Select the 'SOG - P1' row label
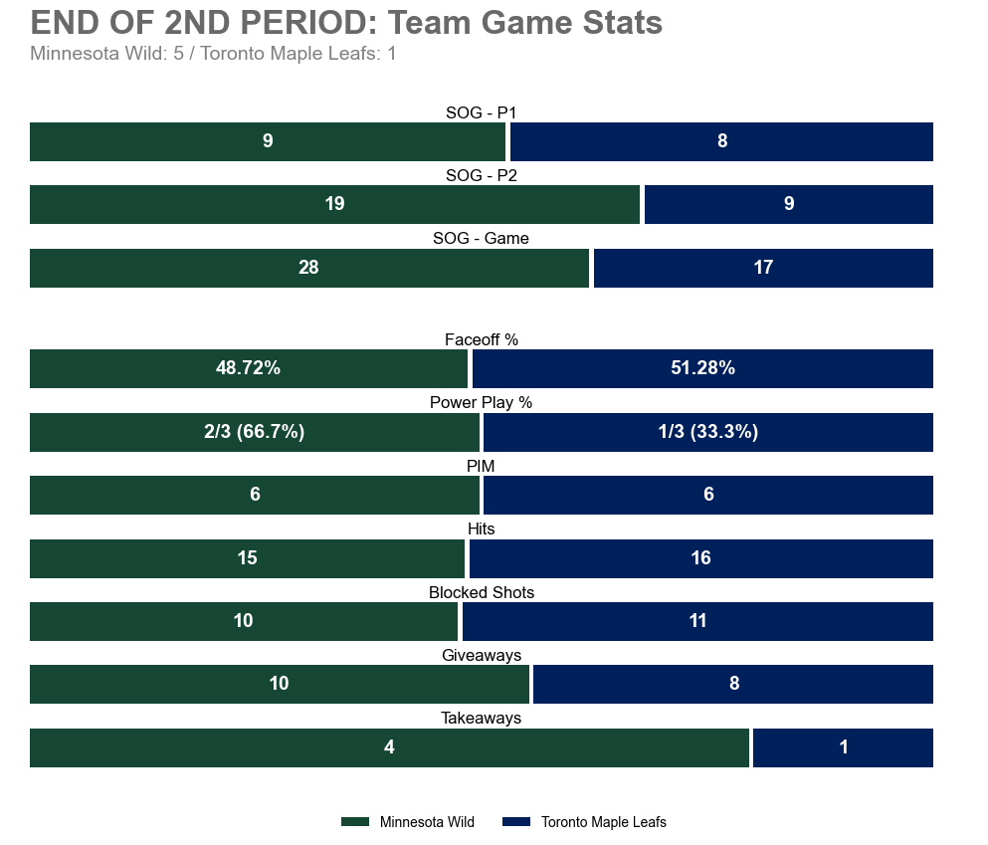coord(481,112)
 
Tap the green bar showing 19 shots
coord(334,204)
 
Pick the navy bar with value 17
coord(763,268)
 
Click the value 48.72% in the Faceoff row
coord(248,368)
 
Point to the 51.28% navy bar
coord(702,368)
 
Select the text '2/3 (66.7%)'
coord(254,432)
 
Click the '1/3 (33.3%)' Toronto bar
coord(707,432)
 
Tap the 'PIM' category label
coord(481,466)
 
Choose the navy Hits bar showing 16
coord(700,558)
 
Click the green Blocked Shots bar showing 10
coord(243,621)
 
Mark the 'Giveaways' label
coord(481,655)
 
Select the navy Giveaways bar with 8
coord(733,684)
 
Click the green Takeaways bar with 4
coord(388,747)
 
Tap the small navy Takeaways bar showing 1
coord(843,747)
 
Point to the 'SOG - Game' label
coord(481,239)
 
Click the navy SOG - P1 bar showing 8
coord(721,141)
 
